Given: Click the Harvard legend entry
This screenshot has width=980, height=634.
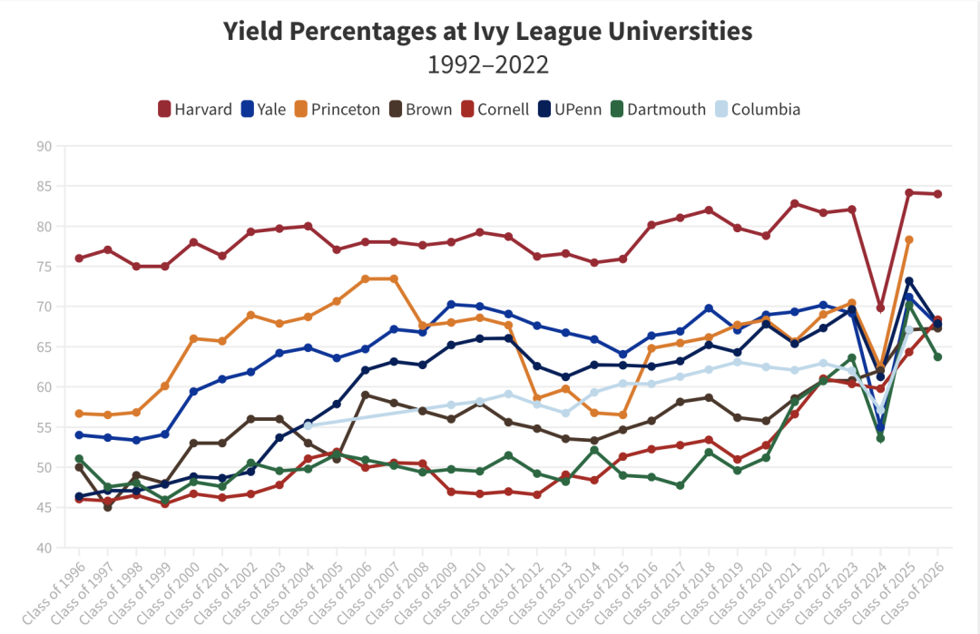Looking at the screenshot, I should pyautogui.click(x=195, y=109).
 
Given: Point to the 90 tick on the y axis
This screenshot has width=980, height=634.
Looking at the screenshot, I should pyautogui.click(x=44, y=146).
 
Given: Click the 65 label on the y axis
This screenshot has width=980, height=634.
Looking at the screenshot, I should pyautogui.click(x=44, y=346).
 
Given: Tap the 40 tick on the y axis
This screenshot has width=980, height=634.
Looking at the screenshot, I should pyautogui.click(x=44, y=548).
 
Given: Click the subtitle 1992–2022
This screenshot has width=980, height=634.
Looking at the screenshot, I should pyautogui.click(x=488, y=65).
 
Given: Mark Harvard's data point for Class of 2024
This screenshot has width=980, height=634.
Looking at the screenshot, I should pyautogui.click(x=880, y=308).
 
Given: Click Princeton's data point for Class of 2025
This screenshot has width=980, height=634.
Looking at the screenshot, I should pyautogui.click(x=908, y=239).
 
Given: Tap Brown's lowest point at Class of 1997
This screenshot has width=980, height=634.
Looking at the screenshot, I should pyautogui.click(x=108, y=507).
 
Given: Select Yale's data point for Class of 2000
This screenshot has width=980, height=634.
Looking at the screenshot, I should pyautogui.click(x=193, y=391).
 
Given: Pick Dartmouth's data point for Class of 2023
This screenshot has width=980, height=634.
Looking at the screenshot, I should pyautogui.click(x=851, y=357).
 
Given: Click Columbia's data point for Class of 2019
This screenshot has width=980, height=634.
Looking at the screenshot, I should pyautogui.click(x=737, y=362).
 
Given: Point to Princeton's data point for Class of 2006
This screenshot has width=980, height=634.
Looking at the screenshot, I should pyautogui.click(x=365, y=278).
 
